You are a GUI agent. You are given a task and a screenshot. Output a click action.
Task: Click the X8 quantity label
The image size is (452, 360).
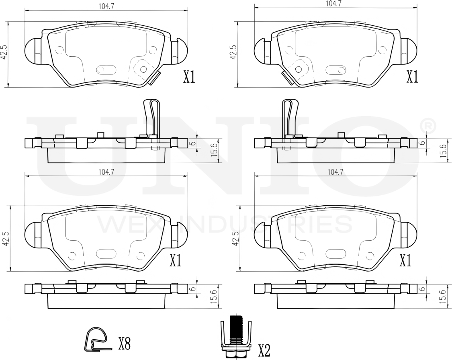click(x=125, y=344)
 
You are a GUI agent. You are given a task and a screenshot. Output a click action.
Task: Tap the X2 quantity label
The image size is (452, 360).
click(x=264, y=350)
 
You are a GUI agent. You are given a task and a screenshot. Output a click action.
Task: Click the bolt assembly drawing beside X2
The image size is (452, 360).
click(x=236, y=337)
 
